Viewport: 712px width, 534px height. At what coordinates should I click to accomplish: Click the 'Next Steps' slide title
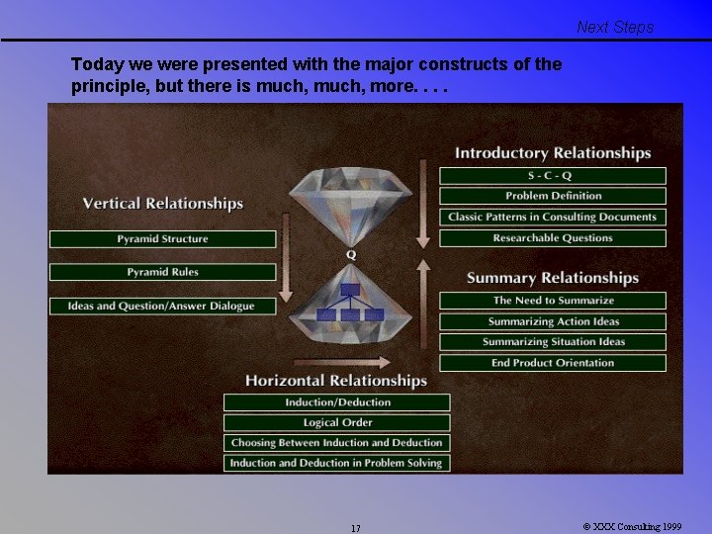click(x=615, y=28)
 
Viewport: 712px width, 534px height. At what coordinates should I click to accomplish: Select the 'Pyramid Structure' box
click(x=163, y=239)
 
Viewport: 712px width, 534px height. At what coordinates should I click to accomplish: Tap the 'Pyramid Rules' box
click(x=163, y=272)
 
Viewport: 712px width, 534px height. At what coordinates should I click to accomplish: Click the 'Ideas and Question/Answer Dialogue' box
click(x=163, y=307)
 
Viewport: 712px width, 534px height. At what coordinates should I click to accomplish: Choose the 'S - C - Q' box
click(x=553, y=176)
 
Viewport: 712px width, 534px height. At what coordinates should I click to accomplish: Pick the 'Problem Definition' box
click(x=553, y=196)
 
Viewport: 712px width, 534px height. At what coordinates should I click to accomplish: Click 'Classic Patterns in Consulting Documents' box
click(x=553, y=217)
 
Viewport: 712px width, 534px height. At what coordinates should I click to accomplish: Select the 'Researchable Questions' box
click(x=553, y=238)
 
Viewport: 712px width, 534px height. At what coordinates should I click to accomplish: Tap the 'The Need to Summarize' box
click(x=553, y=301)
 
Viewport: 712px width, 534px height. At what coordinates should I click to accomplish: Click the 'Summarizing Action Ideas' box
click(x=553, y=321)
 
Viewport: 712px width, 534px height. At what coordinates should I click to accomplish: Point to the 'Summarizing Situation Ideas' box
click(x=553, y=342)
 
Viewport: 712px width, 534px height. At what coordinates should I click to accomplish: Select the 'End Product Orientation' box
click(x=553, y=363)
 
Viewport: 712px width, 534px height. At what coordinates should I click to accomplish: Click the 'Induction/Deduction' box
click(x=337, y=402)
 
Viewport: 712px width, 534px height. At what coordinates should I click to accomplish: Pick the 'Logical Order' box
click(x=337, y=422)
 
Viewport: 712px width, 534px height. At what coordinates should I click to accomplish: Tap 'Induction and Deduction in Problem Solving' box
click(x=337, y=463)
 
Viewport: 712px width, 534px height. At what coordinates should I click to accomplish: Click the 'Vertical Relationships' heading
click(x=163, y=204)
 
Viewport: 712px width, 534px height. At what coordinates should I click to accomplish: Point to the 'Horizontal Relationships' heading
click(x=336, y=381)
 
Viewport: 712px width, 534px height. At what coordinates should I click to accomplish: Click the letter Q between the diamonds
click(x=350, y=255)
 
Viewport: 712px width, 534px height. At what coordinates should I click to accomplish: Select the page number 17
click(x=355, y=528)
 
